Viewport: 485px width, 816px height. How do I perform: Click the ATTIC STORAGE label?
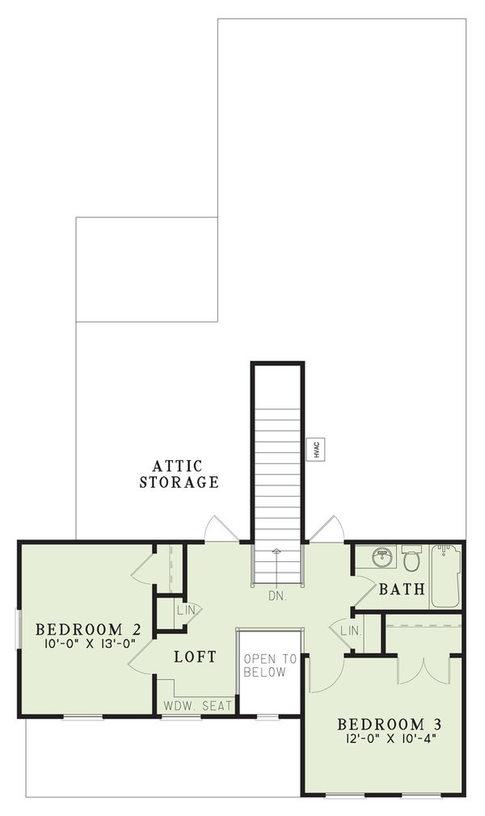point(179,475)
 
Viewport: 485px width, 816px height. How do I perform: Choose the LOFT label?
point(195,657)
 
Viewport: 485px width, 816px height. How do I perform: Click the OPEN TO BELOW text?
point(270,666)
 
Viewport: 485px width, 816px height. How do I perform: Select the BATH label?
point(402,589)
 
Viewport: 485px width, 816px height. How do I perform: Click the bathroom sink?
point(380,557)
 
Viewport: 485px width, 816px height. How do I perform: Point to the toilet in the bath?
point(410,559)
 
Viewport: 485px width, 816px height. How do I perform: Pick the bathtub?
point(445,575)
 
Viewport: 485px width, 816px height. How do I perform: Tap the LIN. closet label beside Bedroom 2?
point(185,610)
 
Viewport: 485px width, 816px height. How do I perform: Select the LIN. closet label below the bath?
point(350,629)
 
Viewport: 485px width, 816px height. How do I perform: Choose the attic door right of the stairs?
point(328,527)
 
